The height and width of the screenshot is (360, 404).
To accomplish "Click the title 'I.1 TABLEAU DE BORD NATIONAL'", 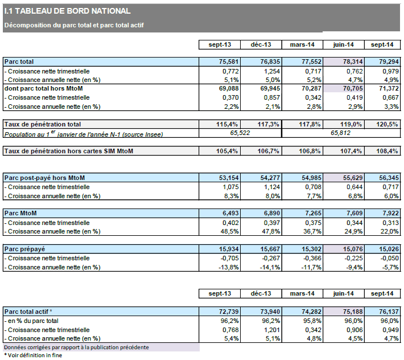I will click(67, 10).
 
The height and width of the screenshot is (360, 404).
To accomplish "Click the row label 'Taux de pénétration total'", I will click(43, 124).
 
